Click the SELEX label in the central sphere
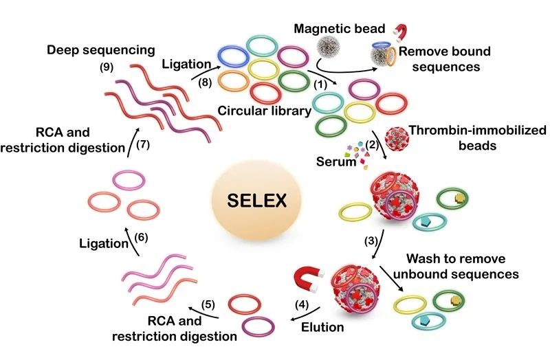pos(256,201)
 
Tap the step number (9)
pos(107,67)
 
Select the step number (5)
pos(208,304)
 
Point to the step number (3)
pos(371,241)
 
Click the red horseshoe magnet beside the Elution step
pos(307,279)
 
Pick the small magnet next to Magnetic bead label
pos(400,32)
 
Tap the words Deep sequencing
pos(101,50)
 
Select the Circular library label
pos(265,111)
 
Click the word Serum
pos(336,161)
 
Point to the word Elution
pos(322,327)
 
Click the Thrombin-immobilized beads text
pos(478,138)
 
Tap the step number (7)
pos(143,144)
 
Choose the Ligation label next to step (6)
pos(104,243)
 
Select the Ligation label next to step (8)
pos(186,64)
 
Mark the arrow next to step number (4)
pos(305,315)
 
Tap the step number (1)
pos(320,85)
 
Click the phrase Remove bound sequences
pos(445,59)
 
